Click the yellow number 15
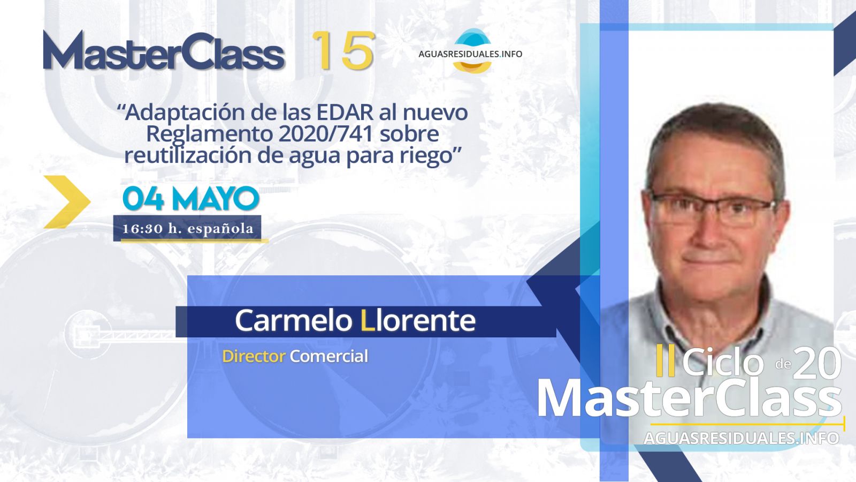point(343,50)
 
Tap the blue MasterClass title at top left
point(164,50)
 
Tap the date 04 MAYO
point(191,199)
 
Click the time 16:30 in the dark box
point(142,229)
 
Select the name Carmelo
point(293,321)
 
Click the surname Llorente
point(418,321)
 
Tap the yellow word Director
point(254,356)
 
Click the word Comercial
point(329,356)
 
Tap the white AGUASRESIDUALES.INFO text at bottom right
point(742,438)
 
